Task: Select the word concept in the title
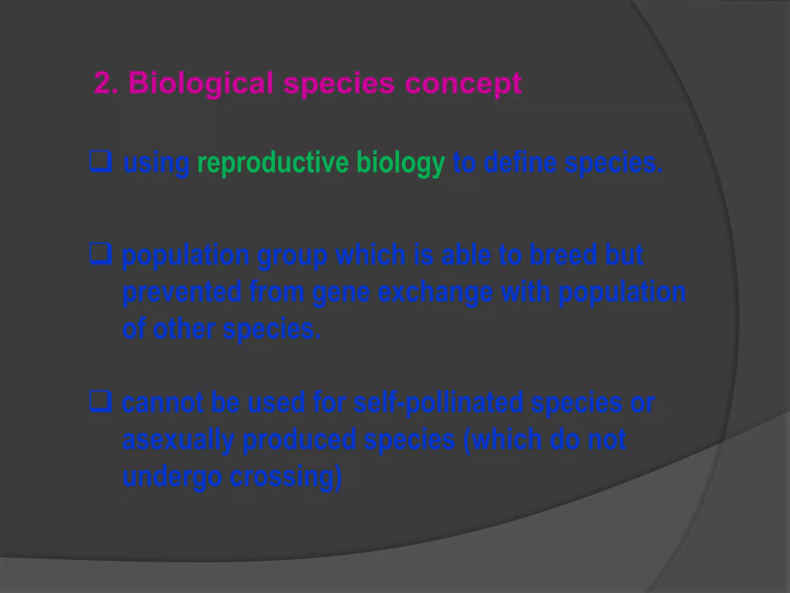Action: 463,83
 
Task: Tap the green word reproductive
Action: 273,163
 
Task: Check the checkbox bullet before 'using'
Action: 101,162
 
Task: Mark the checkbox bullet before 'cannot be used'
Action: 101,402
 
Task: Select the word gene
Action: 341,292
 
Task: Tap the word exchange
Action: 435,292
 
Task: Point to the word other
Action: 184,329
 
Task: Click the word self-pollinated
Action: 438,403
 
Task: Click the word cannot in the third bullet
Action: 162,403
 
